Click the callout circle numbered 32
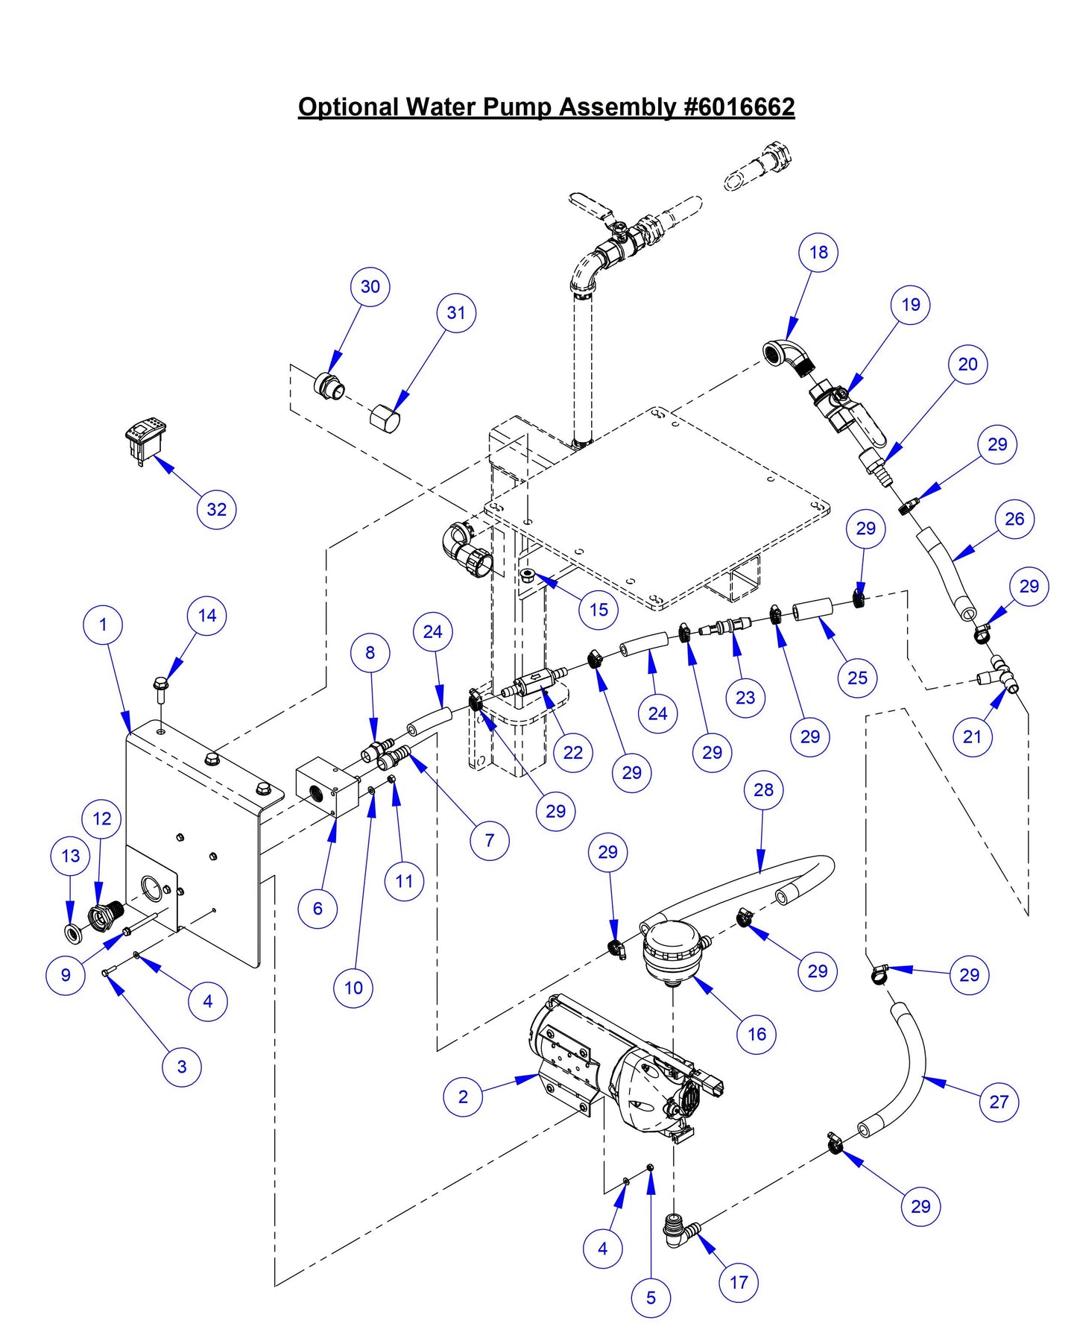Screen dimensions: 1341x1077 point(216,509)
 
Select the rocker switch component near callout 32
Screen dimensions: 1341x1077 point(145,440)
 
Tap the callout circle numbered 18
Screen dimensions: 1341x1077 point(818,252)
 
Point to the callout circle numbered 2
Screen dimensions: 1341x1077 point(463,1097)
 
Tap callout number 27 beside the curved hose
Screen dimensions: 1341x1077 point(999,1102)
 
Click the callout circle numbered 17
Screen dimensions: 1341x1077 point(739,1282)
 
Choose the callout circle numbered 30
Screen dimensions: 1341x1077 point(370,286)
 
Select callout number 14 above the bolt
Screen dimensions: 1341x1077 point(207,616)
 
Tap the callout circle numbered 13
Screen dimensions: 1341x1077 point(71,856)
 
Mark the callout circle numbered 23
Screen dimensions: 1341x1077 point(745,698)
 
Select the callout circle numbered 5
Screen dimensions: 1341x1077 point(651,1298)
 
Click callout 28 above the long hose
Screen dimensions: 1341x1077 point(763,789)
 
